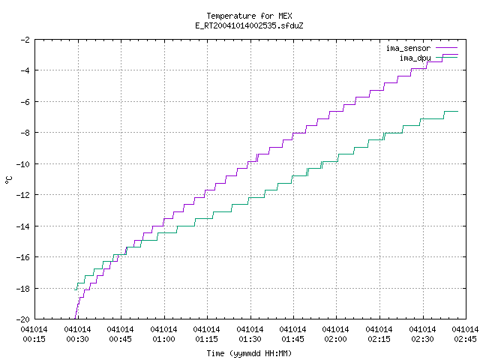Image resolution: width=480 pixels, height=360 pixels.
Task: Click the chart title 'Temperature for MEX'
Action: click(249, 16)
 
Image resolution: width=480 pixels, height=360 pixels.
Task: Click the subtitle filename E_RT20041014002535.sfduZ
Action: click(249, 25)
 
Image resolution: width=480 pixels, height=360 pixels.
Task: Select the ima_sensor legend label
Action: click(408, 48)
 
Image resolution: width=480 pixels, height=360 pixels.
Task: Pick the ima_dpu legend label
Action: click(415, 58)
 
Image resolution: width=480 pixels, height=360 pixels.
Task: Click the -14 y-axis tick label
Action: click(23, 226)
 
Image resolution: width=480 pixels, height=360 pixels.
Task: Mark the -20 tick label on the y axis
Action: click(23, 319)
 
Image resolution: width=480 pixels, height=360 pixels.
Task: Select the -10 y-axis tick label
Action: click(23, 164)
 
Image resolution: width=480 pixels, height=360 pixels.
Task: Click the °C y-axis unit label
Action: click(8, 180)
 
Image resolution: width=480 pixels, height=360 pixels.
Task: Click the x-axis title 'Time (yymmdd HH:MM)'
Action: click(249, 353)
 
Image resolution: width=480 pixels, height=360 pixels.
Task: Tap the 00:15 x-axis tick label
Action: click(34, 339)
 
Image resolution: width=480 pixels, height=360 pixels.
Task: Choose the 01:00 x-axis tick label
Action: click(163, 339)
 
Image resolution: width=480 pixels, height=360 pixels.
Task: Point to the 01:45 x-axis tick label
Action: click(293, 339)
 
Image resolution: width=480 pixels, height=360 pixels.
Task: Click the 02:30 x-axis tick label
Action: click(422, 339)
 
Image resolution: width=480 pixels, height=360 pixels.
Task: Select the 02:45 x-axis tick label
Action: click(465, 339)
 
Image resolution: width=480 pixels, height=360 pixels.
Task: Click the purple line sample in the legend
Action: click(447, 48)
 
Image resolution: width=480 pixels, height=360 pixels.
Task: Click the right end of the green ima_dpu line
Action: click(458, 112)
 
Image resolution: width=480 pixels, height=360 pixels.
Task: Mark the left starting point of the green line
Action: click(75, 289)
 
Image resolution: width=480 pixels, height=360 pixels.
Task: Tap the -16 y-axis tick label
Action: click(23, 257)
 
